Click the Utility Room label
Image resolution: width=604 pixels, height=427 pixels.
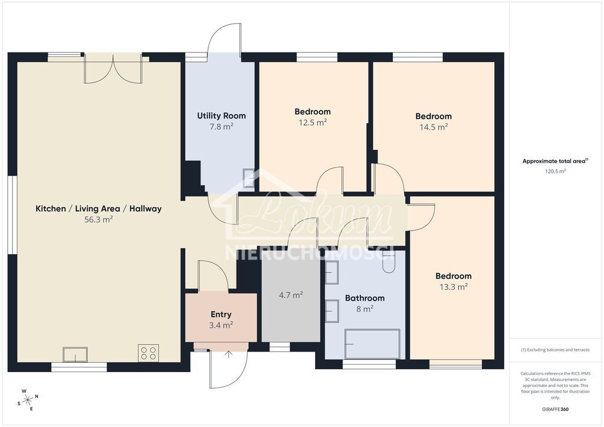click(x=221, y=116)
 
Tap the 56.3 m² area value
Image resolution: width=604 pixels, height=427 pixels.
click(x=99, y=219)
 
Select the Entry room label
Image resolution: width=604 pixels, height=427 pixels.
click(x=221, y=314)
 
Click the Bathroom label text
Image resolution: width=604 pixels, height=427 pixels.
click(x=365, y=298)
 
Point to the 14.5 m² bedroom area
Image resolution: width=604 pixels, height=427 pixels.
click(x=433, y=127)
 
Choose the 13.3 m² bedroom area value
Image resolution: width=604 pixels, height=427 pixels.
click(x=453, y=287)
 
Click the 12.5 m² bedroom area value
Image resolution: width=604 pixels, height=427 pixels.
click(x=312, y=123)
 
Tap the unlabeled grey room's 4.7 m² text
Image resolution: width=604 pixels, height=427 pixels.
click(x=291, y=295)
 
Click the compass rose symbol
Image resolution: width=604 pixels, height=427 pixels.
click(x=27, y=399)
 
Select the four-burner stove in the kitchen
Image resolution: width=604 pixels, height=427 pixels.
click(x=148, y=353)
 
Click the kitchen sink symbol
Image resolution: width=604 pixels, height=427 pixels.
click(x=75, y=354)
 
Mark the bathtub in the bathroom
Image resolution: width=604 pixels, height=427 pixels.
click(x=372, y=344)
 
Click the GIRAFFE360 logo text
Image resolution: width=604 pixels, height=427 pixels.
click(x=555, y=409)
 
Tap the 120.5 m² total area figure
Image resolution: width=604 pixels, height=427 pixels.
click(x=554, y=172)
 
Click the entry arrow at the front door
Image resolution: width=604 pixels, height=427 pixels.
click(x=228, y=354)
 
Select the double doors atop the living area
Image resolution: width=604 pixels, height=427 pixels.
click(x=113, y=70)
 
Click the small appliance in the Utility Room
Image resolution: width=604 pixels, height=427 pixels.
click(x=248, y=178)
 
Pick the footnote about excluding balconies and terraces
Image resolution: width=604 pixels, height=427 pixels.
click(x=555, y=350)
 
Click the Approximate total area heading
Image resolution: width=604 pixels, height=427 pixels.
click(x=554, y=161)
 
